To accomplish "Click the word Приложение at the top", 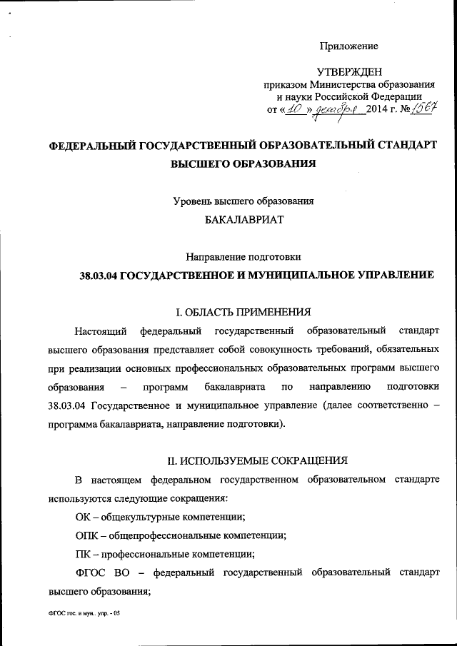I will click(348, 46).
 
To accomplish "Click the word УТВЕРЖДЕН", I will click(349, 71).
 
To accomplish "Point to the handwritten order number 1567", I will click(422, 108).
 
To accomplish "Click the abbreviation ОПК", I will click(86, 534).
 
